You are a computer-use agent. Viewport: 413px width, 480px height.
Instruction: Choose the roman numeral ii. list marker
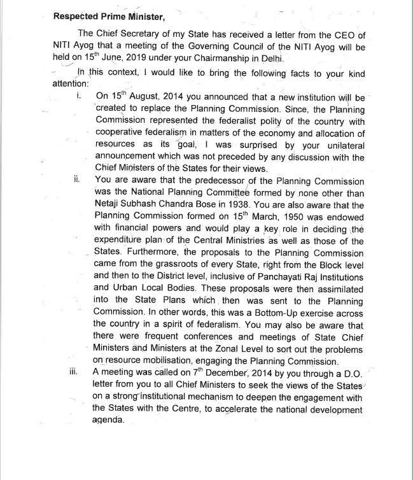tap(77, 180)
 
